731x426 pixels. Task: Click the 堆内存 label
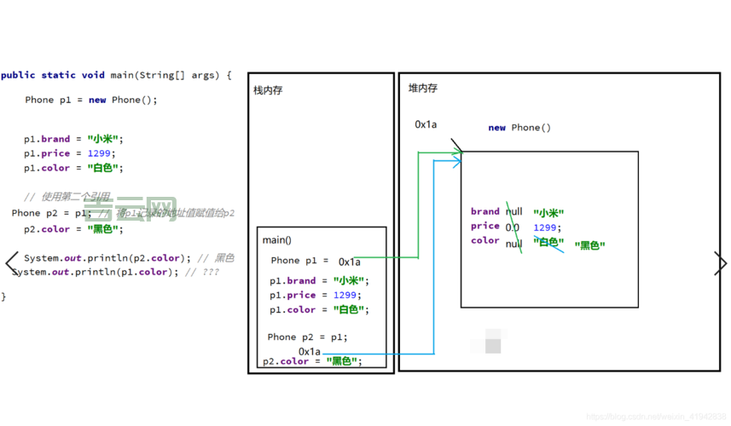(x=422, y=88)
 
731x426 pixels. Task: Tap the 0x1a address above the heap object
(x=426, y=124)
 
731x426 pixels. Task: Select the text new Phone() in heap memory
(x=519, y=128)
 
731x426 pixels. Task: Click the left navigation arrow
(x=11, y=262)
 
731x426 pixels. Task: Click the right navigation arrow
(x=720, y=263)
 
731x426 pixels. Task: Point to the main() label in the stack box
(x=276, y=240)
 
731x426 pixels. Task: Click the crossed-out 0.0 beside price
(x=512, y=227)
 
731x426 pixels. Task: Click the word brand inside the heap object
(x=484, y=211)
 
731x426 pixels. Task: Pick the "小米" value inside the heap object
(x=548, y=213)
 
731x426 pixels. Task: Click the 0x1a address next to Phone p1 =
(x=349, y=262)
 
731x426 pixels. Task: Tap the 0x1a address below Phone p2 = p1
(x=310, y=351)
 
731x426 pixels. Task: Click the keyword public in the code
(x=18, y=75)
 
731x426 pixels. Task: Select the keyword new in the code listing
(x=97, y=100)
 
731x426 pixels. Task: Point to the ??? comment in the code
(x=211, y=272)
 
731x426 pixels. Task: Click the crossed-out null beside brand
(x=513, y=211)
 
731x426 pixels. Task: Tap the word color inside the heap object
(x=484, y=240)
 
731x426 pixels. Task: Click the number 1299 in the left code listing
(x=100, y=153)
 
